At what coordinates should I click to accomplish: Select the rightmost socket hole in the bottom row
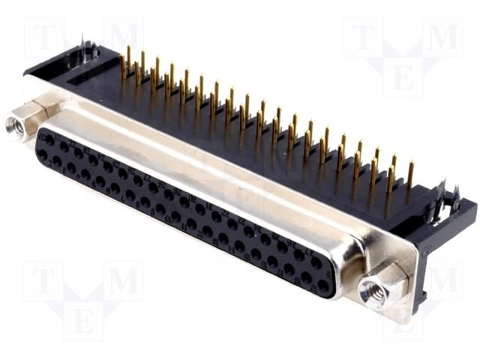pyautogui.click(x=322, y=286)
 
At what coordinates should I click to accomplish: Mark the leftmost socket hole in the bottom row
pyautogui.click(x=43, y=154)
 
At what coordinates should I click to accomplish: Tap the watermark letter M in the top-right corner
pyautogui.click(x=442, y=36)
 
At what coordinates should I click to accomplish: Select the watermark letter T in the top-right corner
pyautogui.click(x=363, y=36)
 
